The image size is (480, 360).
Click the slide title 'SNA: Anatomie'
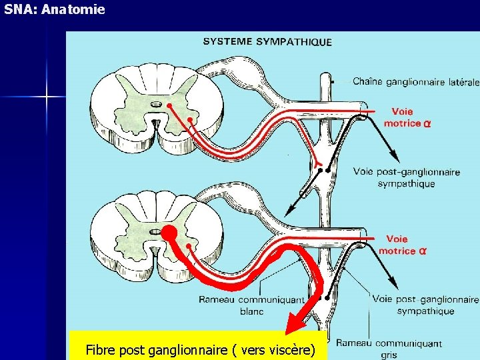click(x=54, y=10)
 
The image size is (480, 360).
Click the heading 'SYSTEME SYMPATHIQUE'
click(x=267, y=41)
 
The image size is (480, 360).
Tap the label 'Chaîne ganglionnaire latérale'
click(x=415, y=82)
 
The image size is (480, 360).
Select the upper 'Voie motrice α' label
click(x=407, y=117)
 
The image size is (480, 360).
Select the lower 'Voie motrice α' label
click(x=402, y=245)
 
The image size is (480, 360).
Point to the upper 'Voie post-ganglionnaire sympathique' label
click(x=406, y=177)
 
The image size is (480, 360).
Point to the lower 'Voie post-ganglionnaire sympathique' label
click(x=426, y=305)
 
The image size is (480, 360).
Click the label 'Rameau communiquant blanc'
click(x=251, y=305)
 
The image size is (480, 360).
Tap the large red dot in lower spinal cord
click(x=168, y=233)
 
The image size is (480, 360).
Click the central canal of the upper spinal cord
click(x=156, y=104)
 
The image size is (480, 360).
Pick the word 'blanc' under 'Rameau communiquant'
click(x=251, y=311)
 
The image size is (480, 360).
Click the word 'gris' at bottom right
click(x=389, y=355)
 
